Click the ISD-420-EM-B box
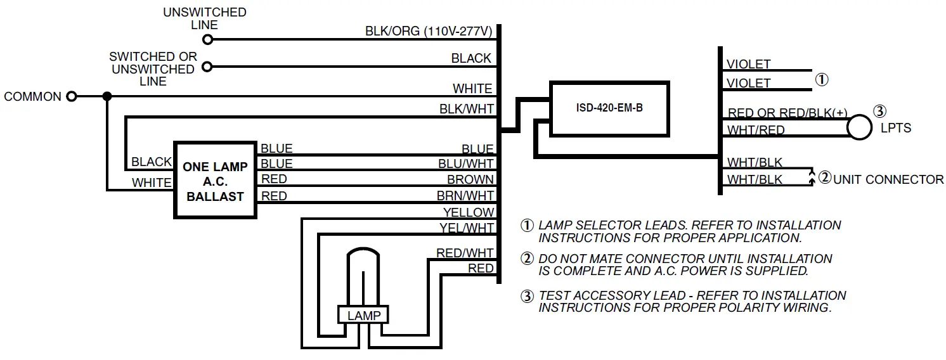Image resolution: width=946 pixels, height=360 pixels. pos(609,108)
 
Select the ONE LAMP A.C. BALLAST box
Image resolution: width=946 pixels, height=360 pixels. pos(214,181)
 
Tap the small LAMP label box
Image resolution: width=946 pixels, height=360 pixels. pos(363,315)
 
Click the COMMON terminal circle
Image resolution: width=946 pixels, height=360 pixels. pos(72,96)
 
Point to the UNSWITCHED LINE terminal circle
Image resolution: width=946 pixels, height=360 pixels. pos(206,39)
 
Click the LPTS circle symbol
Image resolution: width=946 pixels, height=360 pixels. pos(860,127)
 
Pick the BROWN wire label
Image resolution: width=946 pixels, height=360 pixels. pos(470,179)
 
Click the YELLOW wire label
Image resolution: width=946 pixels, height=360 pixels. pos(468,212)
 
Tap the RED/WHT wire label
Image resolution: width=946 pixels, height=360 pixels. pos(465,253)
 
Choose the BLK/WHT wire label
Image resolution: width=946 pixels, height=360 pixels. pos(467,109)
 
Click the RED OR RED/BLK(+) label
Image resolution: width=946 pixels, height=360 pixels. pos(787,113)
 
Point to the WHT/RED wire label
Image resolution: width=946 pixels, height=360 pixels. pos(756,130)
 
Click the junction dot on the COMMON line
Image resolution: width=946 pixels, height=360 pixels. pos(107,96)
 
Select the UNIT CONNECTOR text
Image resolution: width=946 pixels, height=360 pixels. pos(888,179)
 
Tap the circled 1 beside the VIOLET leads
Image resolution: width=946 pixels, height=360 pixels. pos(821,80)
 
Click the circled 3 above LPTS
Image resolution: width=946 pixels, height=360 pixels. pos(879,111)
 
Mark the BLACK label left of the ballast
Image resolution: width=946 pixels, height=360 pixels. pos(151,162)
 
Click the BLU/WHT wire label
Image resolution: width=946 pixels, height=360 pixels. pos(466,164)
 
